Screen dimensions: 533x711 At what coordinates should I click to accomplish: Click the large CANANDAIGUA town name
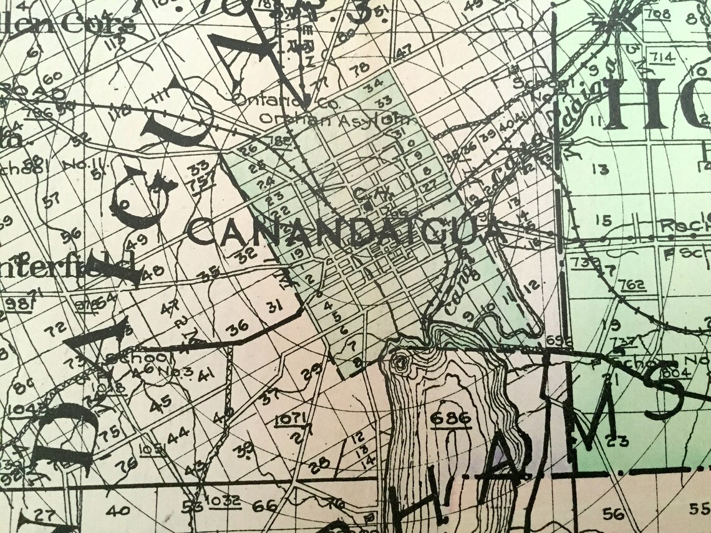click(x=346, y=232)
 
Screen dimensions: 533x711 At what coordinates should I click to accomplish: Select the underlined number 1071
click(x=289, y=417)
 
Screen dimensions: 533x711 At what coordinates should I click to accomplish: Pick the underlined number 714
click(x=662, y=57)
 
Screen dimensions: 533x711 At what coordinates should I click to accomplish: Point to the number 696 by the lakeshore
click(x=554, y=340)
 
